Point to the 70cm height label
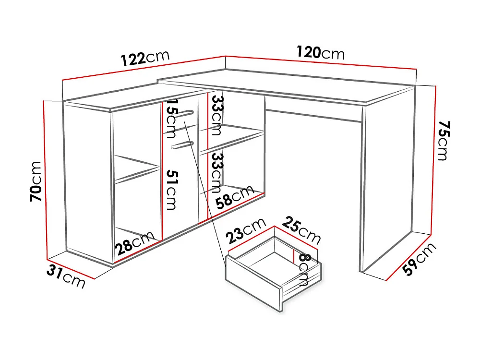36,182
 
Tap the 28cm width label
134,243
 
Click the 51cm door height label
171,189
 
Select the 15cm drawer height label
171,122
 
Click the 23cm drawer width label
245,233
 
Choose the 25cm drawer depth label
301,229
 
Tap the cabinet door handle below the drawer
183,144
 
